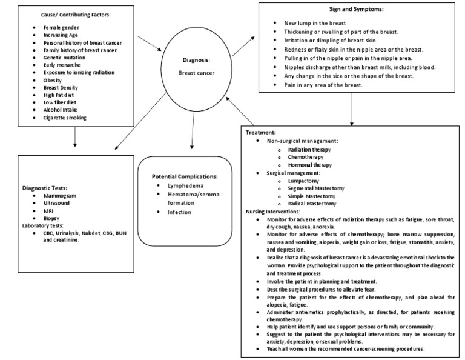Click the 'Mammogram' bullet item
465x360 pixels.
click(x=60, y=196)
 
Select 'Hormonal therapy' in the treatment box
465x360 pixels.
click(x=309, y=164)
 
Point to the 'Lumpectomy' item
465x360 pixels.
click(x=304, y=181)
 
